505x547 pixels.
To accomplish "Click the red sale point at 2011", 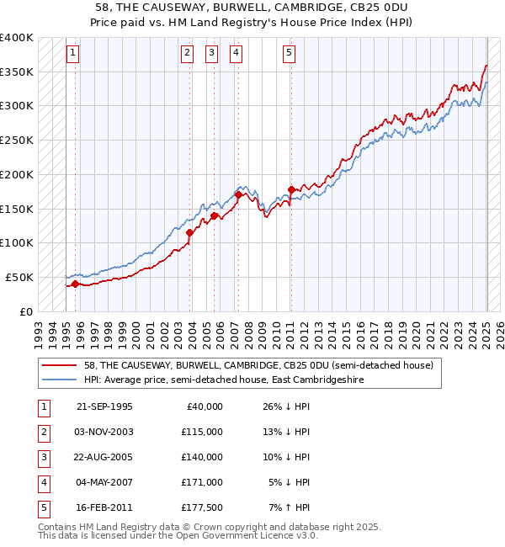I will (x=291, y=189).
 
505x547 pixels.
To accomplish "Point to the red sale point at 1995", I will (x=75, y=284).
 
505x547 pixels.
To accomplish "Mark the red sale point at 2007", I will (x=238, y=194).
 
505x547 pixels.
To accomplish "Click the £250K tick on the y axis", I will (x=17, y=141).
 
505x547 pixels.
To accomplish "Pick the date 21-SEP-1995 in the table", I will (x=104, y=406).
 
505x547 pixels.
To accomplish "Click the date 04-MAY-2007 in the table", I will (x=104, y=482).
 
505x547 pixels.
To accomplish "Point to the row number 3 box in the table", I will (x=43, y=457).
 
